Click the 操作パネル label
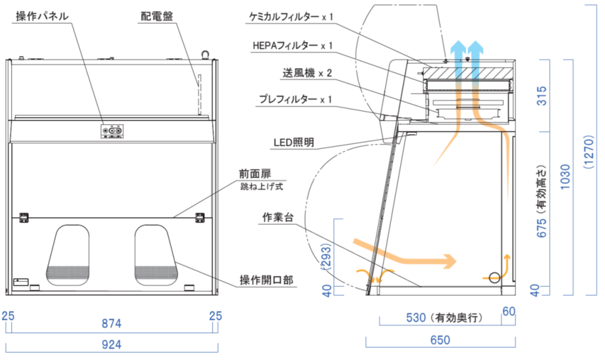tap(42, 16)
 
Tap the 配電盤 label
tap(157, 16)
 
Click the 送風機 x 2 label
tap(307, 73)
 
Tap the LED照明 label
tap(294, 142)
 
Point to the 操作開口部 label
tap(266, 281)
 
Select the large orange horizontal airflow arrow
tap(405, 252)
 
